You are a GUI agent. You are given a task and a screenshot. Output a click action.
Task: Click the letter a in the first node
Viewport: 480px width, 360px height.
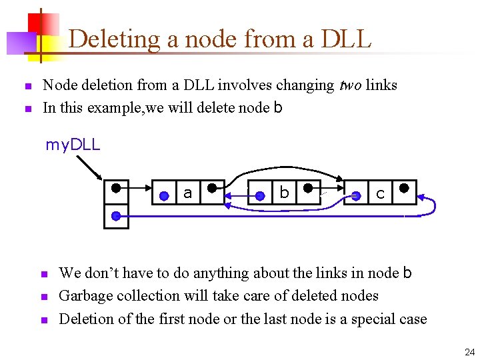coord(187,193)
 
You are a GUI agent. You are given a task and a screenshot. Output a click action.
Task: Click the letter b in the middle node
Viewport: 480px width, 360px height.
coord(284,193)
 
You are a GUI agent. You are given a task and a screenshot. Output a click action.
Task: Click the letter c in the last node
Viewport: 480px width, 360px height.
coord(380,194)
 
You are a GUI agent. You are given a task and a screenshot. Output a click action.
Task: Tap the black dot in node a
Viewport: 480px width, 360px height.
coord(211,188)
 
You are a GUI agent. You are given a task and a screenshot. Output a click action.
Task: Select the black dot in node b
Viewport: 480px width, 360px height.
coord(307,188)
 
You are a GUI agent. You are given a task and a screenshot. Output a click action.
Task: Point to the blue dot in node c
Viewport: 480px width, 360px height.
coord(357,195)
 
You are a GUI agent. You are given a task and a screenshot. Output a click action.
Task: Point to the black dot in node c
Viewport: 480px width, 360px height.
coord(404,188)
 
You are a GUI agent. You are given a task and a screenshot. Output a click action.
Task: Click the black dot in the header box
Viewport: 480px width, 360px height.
coord(116,188)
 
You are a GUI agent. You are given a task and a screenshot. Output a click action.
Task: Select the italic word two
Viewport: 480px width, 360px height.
coord(349,85)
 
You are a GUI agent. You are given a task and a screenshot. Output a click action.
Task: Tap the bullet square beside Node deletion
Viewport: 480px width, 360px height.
coord(27,86)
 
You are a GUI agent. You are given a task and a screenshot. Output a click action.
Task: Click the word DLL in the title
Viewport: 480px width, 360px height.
coord(345,39)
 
